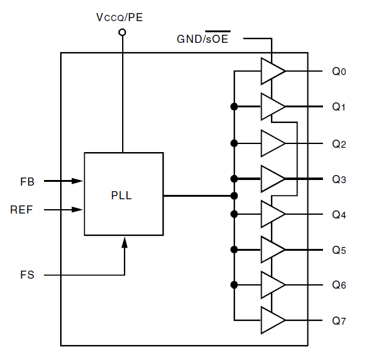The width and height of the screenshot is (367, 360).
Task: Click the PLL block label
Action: coord(122,196)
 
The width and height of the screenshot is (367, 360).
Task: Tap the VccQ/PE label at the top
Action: coord(120,17)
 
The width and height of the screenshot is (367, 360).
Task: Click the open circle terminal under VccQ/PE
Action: coord(122,32)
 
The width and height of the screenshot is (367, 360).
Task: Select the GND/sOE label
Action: coord(203,38)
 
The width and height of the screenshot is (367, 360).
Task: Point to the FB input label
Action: coord(27,182)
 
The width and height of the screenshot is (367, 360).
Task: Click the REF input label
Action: coord(21,210)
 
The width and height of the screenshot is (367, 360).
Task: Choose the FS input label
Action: coord(27,275)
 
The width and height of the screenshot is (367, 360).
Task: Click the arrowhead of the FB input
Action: coord(77,181)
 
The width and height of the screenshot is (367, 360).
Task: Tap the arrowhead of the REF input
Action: coord(77,210)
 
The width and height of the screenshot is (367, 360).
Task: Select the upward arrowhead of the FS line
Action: coord(125,242)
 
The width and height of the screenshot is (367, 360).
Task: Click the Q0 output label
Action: coord(339,71)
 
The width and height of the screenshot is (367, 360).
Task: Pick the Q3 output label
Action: coord(339,179)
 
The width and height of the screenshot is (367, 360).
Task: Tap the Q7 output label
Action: coord(339,321)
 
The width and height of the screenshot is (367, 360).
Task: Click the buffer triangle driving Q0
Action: coord(272,71)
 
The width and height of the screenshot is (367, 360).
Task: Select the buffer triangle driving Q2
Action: coord(272,143)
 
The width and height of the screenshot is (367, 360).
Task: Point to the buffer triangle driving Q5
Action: coord(272,250)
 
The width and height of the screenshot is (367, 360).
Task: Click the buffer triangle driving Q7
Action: coord(272,320)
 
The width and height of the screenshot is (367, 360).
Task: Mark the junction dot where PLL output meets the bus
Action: coord(234,196)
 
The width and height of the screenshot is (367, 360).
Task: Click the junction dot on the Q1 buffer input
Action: coord(234,107)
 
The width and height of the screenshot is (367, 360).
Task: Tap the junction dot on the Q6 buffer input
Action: coord(234,285)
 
